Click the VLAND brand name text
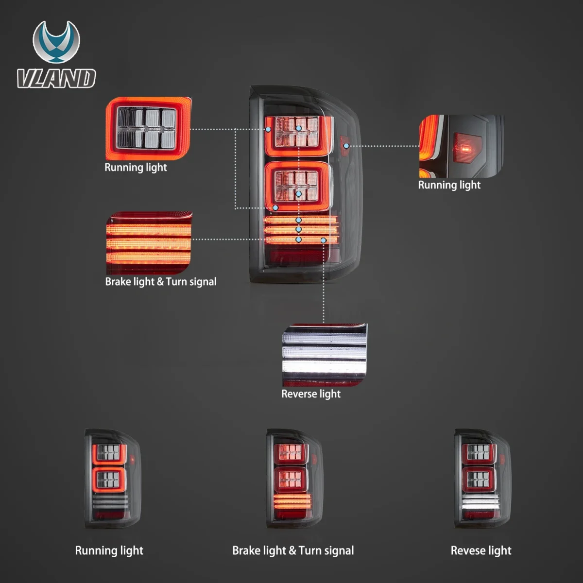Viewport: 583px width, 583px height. pos(56,79)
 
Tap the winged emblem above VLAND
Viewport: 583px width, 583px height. pos(56,42)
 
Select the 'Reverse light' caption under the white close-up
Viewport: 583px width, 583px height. pos(311,394)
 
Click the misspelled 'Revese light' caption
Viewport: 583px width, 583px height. pos(480,550)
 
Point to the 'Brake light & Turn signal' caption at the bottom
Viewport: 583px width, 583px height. pos(293,550)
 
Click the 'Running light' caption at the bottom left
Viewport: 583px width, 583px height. pos(109,550)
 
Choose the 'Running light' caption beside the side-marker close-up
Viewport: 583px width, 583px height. pos(449,185)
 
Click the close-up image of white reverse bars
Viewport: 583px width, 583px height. pos(325,355)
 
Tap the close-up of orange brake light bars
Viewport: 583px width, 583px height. pos(149,243)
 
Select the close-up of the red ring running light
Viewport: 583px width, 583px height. pos(148,129)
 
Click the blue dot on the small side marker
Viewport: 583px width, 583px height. pos(346,145)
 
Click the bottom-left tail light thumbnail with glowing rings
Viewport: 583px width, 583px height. pos(112,479)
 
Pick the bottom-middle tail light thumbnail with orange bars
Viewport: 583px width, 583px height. pos(293,479)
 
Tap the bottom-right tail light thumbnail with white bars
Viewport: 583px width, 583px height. pos(482,479)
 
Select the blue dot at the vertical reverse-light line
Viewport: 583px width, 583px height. pos(324,240)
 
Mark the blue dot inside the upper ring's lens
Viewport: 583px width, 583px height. pos(299,129)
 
